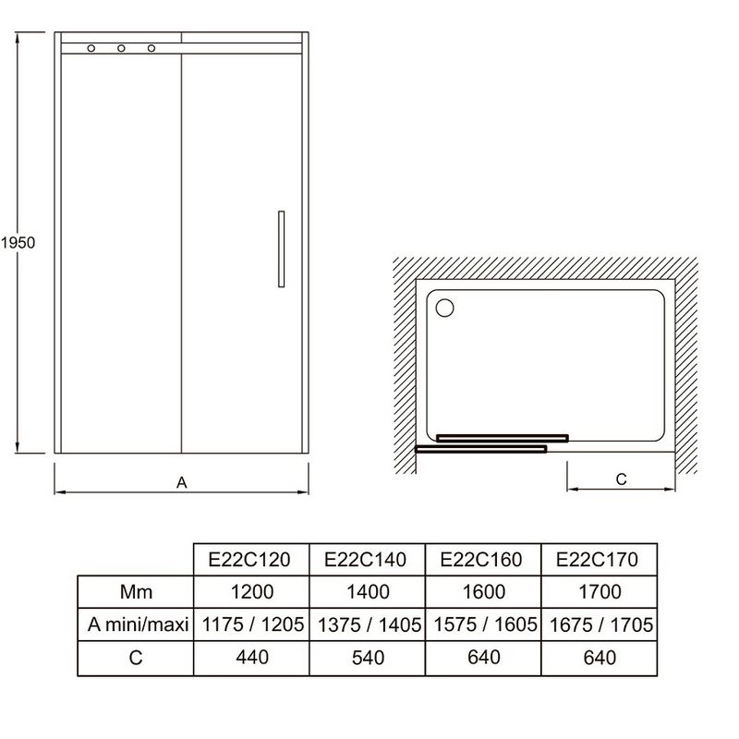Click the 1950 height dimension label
point(18,243)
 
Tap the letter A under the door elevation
point(182,482)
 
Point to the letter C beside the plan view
point(621,479)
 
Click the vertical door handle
point(282,248)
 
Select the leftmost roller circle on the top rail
point(91,48)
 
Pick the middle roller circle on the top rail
point(122,48)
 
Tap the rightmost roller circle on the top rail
point(151,48)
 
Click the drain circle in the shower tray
point(444,308)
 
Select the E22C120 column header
point(249,560)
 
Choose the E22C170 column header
point(597,560)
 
